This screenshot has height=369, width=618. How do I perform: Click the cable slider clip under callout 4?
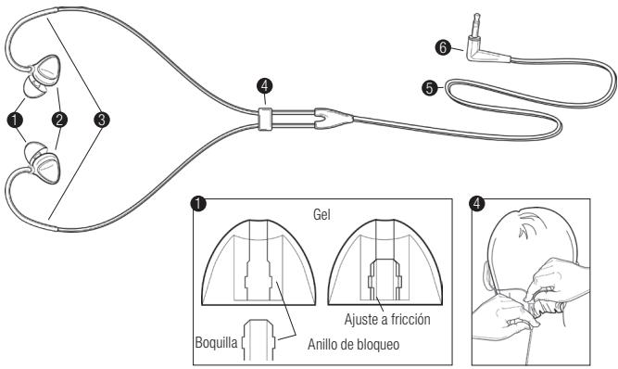pos(266,119)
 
